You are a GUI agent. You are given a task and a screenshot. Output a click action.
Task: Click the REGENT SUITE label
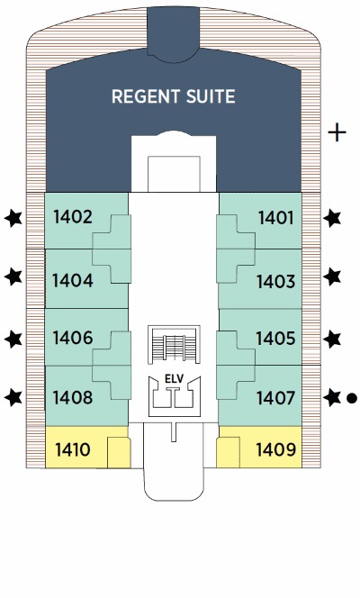point(174,96)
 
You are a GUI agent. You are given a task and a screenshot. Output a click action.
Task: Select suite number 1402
point(73,217)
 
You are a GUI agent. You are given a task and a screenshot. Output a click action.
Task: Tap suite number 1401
point(275,218)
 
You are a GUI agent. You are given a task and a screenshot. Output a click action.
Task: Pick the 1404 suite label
point(72,280)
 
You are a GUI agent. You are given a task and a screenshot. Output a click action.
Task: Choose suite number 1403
point(275,282)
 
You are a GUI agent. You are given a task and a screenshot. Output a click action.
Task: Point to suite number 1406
point(73,338)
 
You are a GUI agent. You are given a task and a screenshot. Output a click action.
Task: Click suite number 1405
point(275,339)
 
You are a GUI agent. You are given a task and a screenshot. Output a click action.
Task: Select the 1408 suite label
point(73,397)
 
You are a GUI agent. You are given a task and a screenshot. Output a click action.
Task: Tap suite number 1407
point(275,399)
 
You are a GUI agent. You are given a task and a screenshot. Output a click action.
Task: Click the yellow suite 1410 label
point(73,449)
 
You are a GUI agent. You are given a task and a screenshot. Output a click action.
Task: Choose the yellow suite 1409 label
point(275,449)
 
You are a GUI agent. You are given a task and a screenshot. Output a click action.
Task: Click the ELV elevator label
point(174,379)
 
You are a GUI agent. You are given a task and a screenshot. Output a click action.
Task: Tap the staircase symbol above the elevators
point(174,344)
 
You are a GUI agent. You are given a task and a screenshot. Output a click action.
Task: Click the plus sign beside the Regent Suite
point(337,132)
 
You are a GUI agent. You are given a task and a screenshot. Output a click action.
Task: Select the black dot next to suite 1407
point(352,398)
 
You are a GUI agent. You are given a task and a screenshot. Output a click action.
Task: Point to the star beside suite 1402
point(13,219)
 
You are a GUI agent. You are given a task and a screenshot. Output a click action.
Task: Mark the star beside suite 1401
point(332,218)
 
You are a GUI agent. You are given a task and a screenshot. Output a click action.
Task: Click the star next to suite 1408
point(13,397)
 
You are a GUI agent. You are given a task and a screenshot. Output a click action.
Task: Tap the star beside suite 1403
point(332,276)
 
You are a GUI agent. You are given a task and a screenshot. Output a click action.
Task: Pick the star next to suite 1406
point(13,339)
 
